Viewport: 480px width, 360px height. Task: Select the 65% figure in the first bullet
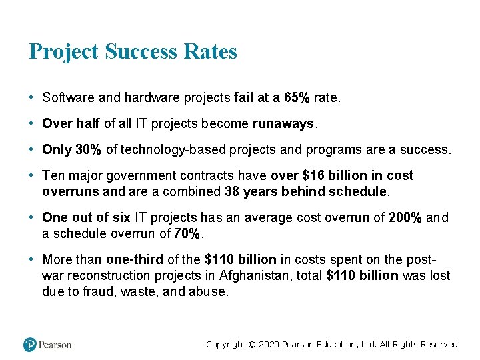click(x=297, y=98)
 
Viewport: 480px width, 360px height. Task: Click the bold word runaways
click(x=285, y=124)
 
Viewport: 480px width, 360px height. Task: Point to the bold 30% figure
click(x=88, y=150)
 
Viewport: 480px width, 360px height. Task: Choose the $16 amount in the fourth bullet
click(x=315, y=176)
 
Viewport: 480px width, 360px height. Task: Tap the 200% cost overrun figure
click(x=404, y=218)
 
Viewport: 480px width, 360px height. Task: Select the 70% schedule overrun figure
click(x=187, y=234)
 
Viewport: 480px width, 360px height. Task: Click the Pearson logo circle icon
click(x=30, y=345)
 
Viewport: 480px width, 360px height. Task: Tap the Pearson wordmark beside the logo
click(x=55, y=345)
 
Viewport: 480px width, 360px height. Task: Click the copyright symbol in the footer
click(x=251, y=345)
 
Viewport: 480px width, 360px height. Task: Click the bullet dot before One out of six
click(x=32, y=218)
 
